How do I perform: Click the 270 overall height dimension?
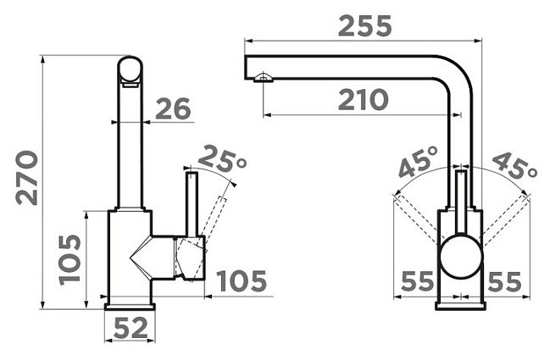click(27, 178)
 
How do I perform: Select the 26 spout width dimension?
click(173, 108)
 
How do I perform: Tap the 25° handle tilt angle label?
click(222, 159)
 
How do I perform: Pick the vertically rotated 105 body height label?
click(69, 260)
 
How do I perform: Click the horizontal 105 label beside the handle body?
click(242, 280)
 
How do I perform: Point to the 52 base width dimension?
click(131, 328)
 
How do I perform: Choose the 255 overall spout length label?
click(364, 26)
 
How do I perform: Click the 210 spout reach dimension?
click(364, 100)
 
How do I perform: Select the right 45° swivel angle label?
click(515, 164)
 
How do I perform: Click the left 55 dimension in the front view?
click(418, 281)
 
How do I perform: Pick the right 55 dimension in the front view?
click(504, 281)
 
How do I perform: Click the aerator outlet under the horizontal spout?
click(263, 77)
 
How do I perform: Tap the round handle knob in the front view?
click(461, 257)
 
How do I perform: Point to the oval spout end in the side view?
click(131, 70)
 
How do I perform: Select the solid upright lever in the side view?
click(192, 203)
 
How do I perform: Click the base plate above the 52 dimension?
click(130, 307)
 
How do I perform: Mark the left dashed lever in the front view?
click(418, 219)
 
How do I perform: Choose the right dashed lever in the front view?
click(504, 218)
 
